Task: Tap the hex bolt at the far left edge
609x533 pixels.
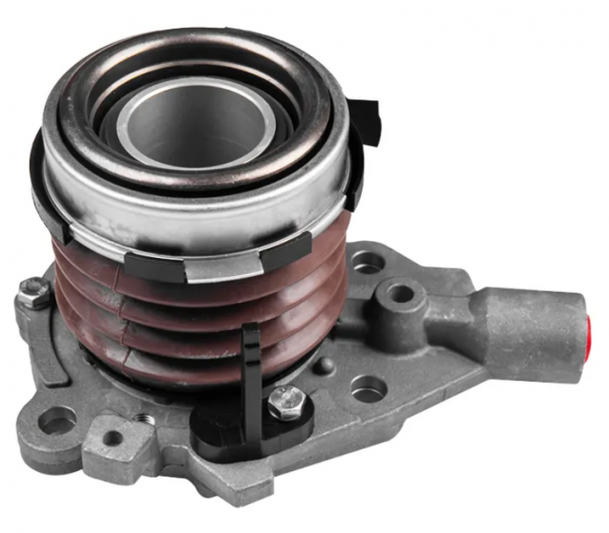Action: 34,294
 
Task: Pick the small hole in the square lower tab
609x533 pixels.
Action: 113,438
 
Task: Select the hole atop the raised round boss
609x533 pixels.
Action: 401,294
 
